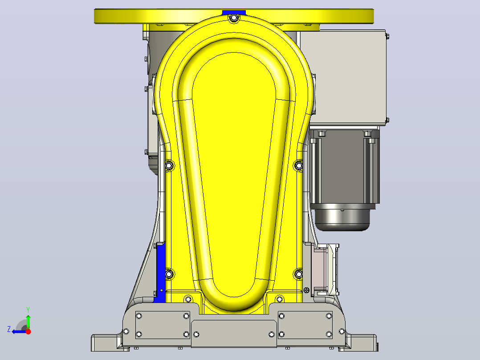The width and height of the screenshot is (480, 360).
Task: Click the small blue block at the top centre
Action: pos(234,12)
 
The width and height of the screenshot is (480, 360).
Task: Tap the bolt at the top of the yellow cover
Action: pos(234,18)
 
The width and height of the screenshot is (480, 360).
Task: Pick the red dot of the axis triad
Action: pos(28,331)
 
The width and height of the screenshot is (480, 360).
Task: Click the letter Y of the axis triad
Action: pos(28,310)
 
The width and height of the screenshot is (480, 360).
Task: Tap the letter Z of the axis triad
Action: pos(9,329)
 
